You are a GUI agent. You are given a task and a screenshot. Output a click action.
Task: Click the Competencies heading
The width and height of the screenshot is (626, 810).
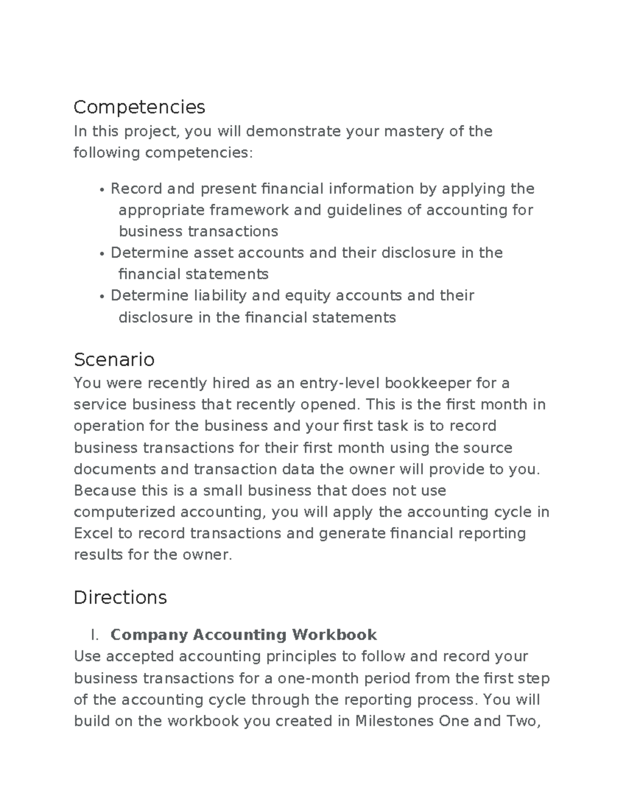[139, 107]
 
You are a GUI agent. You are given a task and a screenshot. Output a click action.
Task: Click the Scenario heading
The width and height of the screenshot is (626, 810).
[114, 359]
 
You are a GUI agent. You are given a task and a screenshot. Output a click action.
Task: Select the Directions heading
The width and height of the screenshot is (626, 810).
[120, 597]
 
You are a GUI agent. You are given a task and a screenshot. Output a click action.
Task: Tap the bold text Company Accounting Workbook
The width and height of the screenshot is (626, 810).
[244, 635]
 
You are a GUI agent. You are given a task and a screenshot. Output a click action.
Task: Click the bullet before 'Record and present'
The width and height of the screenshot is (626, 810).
[101, 189]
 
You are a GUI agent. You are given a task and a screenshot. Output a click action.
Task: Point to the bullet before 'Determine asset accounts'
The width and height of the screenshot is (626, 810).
[101, 253]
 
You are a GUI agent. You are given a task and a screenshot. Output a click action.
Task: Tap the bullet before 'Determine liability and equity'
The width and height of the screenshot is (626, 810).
[101, 296]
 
